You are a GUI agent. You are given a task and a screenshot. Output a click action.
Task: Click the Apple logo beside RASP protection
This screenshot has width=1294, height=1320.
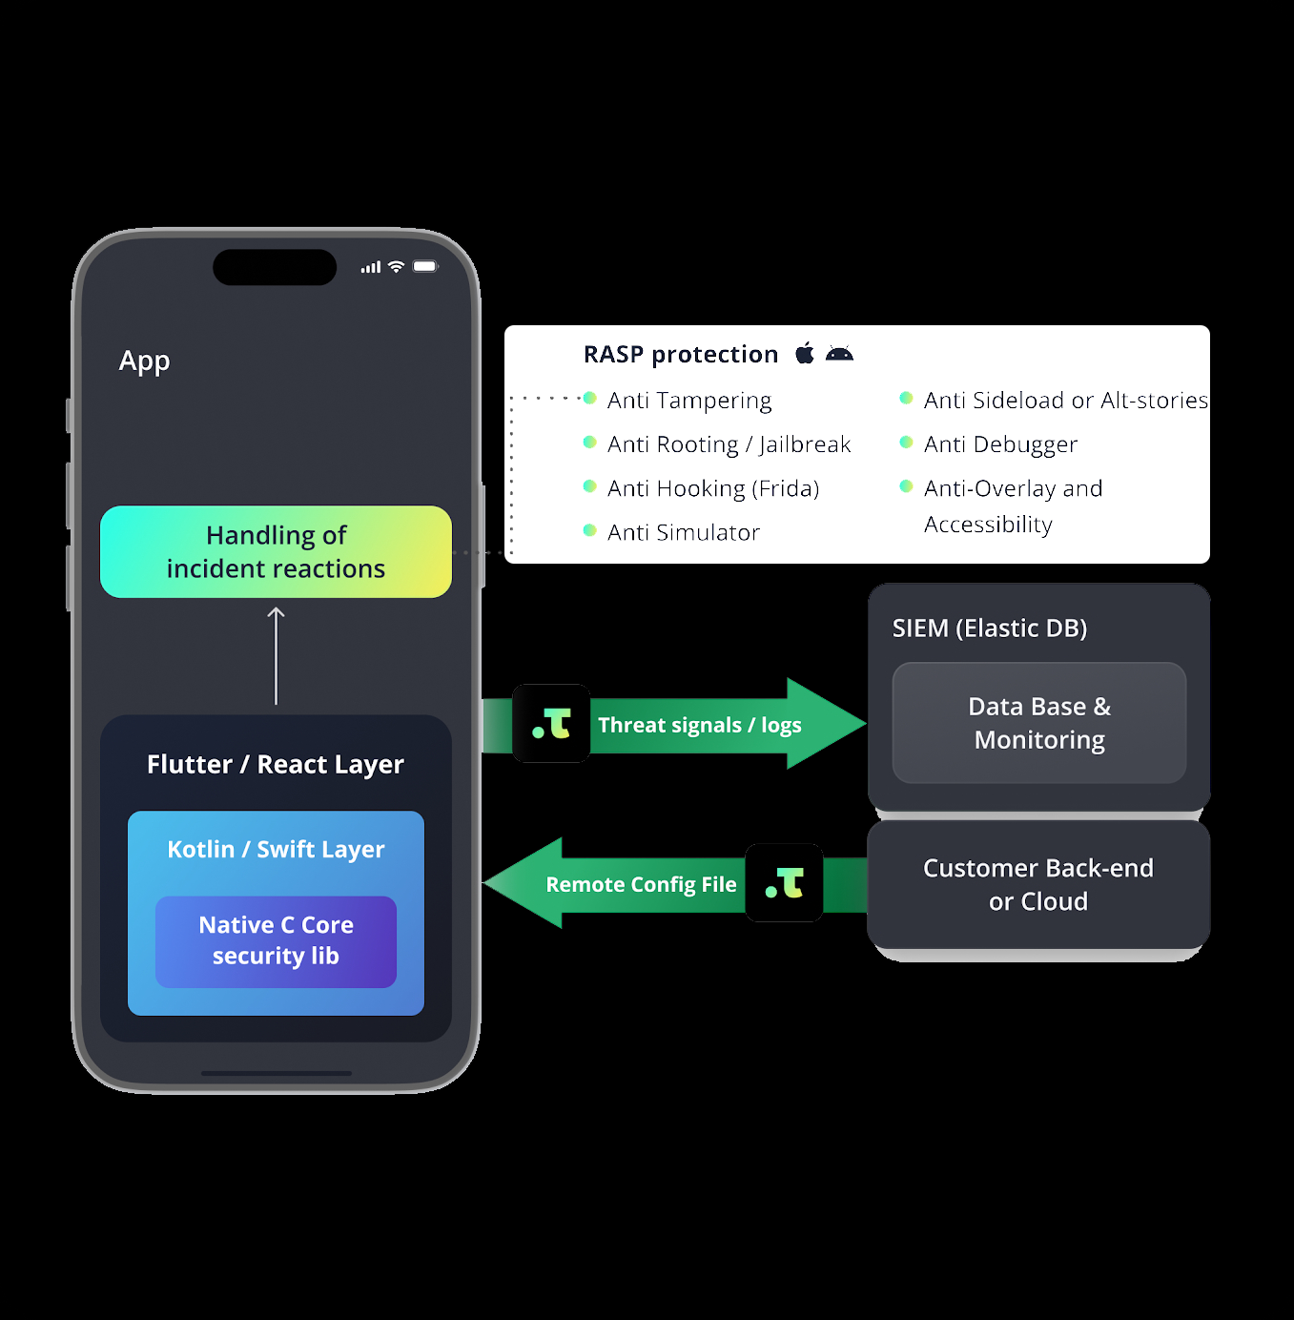(x=805, y=354)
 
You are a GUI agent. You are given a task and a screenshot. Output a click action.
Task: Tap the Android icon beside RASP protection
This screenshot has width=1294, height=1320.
(x=839, y=354)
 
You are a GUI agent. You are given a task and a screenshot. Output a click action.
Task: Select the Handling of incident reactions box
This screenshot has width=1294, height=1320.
(x=276, y=551)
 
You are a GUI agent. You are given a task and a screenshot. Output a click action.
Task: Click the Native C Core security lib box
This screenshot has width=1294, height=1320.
(x=276, y=940)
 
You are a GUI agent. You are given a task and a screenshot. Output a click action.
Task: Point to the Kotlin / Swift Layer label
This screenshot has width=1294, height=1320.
(x=276, y=849)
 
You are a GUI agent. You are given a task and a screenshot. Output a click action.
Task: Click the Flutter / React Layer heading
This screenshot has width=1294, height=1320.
(x=276, y=764)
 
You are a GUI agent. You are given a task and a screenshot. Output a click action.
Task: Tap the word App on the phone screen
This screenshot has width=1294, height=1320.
(x=144, y=361)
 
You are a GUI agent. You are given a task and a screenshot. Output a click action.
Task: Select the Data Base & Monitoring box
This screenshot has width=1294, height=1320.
(x=1038, y=723)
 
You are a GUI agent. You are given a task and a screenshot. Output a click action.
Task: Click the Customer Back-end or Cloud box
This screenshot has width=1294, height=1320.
(x=1038, y=884)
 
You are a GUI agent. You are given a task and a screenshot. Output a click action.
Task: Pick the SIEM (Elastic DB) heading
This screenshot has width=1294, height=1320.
(x=989, y=629)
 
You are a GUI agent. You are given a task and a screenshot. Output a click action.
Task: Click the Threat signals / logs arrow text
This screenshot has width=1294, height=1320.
(x=699, y=725)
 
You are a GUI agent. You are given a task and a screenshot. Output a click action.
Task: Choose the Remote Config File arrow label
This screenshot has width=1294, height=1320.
(x=641, y=884)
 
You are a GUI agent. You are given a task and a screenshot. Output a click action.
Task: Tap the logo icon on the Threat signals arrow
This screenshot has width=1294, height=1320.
(x=551, y=724)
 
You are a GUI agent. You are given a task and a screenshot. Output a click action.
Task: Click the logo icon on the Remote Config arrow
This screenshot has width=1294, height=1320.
(x=784, y=883)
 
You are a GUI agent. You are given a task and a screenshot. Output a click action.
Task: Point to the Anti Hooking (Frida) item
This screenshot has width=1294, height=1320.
(x=712, y=488)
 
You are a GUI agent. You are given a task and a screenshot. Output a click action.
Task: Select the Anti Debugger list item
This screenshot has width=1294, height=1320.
(x=1000, y=444)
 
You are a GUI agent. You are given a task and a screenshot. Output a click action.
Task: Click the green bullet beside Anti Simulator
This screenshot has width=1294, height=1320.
(x=589, y=530)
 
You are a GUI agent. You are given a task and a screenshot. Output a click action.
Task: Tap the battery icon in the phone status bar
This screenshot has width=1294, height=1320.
(x=425, y=267)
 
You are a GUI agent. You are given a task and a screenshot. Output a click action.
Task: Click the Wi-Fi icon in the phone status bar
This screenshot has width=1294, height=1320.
(x=397, y=267)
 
